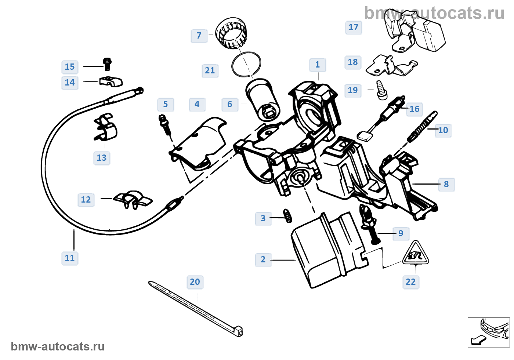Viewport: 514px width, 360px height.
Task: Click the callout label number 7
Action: pos(199,36)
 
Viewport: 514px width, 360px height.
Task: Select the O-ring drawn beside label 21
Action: pos(246,64)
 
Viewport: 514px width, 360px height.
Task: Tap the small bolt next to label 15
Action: pos(107,64)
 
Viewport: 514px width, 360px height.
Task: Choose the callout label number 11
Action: pos(70,258)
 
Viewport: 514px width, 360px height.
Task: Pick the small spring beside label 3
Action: pos(288,215)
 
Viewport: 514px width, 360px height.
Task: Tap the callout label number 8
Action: pos(446,184)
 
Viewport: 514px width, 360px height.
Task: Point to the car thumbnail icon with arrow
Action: pos(489,332)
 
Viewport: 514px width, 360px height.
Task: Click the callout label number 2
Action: pos(263,260)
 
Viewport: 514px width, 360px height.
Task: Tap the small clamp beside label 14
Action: pos(111,81)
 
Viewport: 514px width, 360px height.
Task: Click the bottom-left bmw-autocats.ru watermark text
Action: pos(58,347)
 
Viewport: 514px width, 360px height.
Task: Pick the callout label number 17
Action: pos(354,28)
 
